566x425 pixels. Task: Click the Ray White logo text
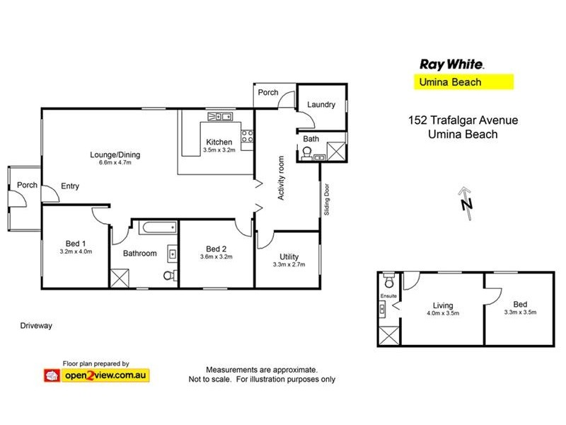451,64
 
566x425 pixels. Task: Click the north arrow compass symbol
466,204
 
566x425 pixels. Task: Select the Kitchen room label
219,142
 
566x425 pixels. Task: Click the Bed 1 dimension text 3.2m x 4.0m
76,251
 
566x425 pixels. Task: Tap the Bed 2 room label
217,248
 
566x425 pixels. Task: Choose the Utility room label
289,256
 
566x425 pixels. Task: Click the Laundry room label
321,105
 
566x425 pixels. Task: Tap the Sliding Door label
327,201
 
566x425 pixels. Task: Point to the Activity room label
281,178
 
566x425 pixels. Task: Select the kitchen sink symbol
219,116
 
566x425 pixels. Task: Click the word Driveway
36,326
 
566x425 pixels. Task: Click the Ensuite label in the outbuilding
389,295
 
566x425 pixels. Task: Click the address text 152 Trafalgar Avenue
463,120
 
